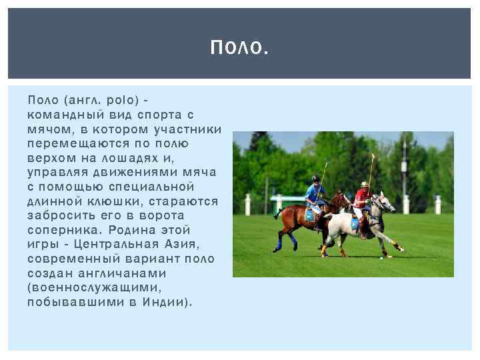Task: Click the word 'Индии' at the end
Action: (171, 301)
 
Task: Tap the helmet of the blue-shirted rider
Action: (315, 178)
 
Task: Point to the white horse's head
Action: (385, 202)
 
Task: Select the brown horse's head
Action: (342, 199)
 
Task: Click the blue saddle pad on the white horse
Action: (355, 222)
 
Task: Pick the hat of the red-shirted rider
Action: (364, 183)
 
